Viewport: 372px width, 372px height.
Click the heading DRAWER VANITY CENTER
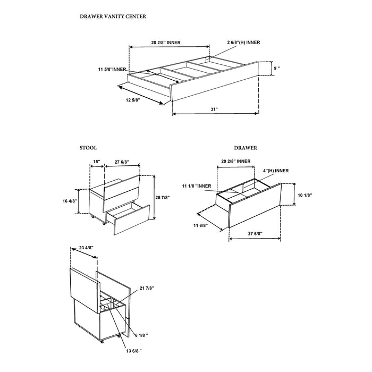tap(113, 16)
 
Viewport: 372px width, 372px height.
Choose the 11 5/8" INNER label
tap(112, 70)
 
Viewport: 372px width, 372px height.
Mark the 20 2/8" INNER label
tap(236, 160)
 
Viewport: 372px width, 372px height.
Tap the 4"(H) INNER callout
tap(275, 171)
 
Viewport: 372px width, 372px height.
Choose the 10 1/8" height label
tap(304, 195)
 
